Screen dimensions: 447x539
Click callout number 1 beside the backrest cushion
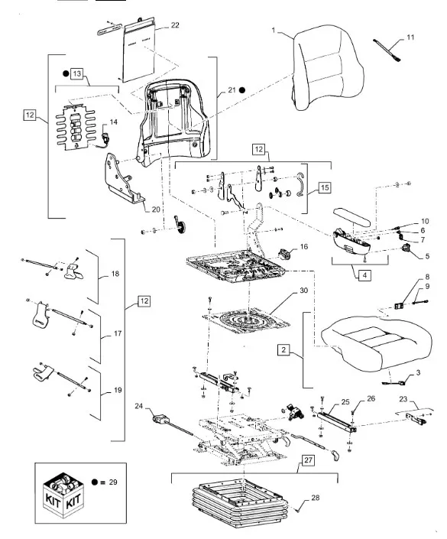[x=274, y=31]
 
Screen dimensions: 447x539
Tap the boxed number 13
[x=76, y=73]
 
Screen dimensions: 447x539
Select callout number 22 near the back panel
[x=175, y=25]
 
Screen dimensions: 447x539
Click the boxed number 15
[x=325, y=187]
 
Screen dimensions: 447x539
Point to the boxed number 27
[x=308, y=460]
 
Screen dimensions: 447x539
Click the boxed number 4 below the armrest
[x=364, y=275]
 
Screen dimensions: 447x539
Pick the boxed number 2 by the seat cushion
[x=283, y=350]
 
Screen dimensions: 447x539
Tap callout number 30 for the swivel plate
[x=303, y=291]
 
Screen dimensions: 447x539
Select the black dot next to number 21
[x=242, y=90]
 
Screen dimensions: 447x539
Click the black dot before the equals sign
[x=95, y=482]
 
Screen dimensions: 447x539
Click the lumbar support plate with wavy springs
[x=75, y=128]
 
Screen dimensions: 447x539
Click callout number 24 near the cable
[x=138, y=406]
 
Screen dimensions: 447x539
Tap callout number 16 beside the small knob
[x=303, y=246]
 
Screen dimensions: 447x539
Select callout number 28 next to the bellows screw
[x=315, y=498]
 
